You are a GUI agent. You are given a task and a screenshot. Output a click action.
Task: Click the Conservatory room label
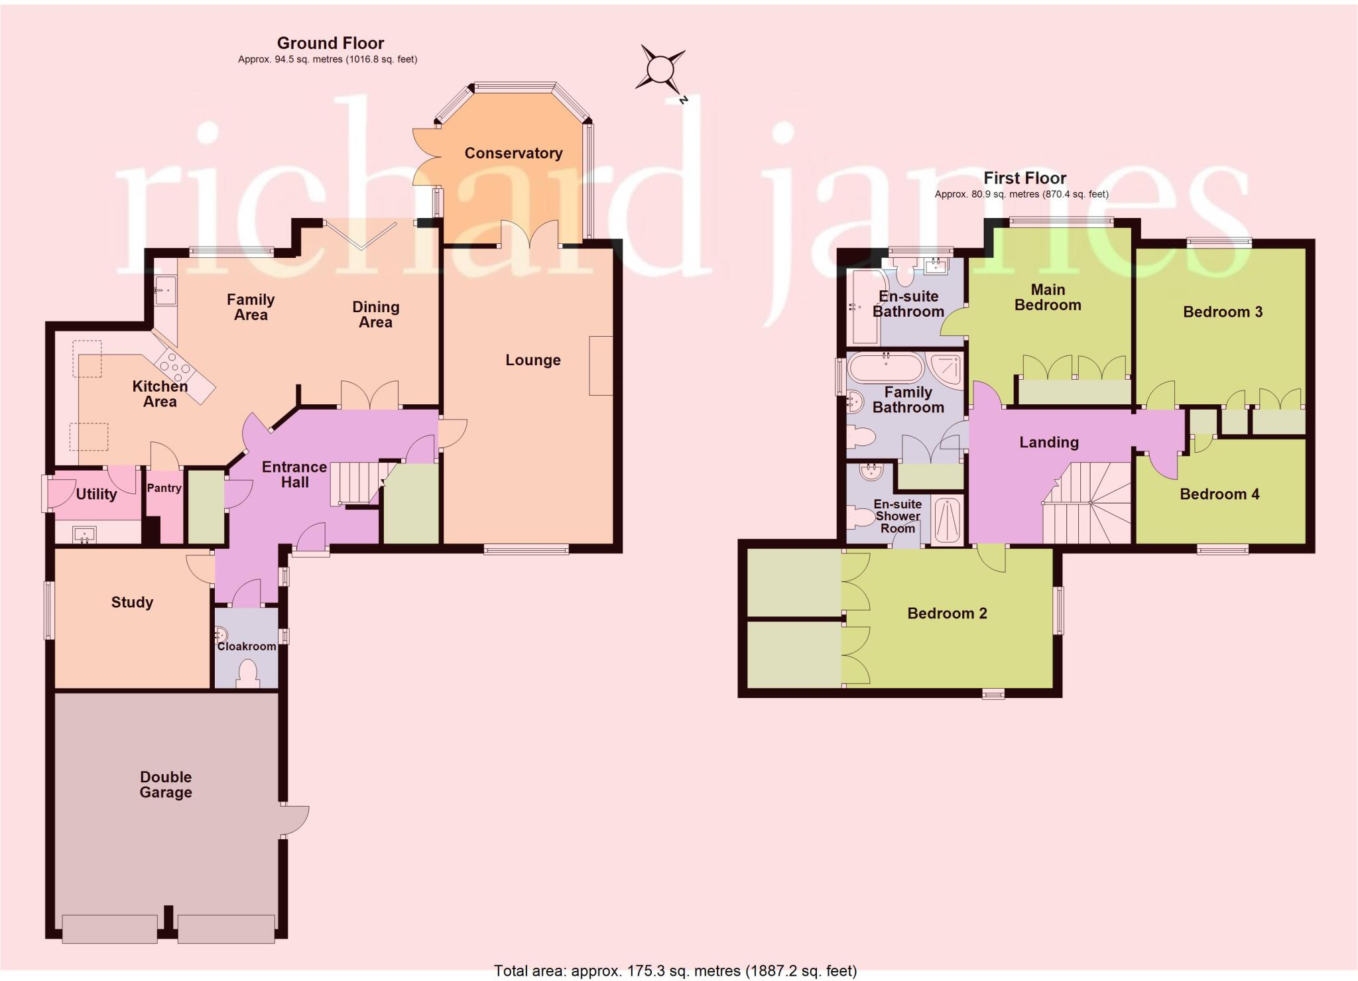(513, 153)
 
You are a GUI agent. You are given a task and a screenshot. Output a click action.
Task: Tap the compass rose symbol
(660, 70)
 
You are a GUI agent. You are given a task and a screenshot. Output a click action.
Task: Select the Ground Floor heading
(330, 43)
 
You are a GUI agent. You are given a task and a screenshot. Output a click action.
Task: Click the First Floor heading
(1024, 178)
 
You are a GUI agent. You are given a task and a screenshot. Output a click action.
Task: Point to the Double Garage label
(166, 784)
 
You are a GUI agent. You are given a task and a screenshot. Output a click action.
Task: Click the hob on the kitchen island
(174, 364)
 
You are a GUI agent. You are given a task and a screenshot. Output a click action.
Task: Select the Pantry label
(164, 488)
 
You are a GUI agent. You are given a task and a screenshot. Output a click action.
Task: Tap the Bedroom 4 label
(1219, 494)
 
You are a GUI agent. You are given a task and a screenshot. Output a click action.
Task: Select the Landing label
(1049, 442)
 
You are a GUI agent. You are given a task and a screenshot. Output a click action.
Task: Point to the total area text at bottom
(675, 971)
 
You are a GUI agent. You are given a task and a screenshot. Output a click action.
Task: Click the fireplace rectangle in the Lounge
(601, 366)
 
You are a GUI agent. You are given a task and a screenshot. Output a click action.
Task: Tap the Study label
(132, 602)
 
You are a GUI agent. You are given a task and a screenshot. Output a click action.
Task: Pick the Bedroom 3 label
(1223, 312)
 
